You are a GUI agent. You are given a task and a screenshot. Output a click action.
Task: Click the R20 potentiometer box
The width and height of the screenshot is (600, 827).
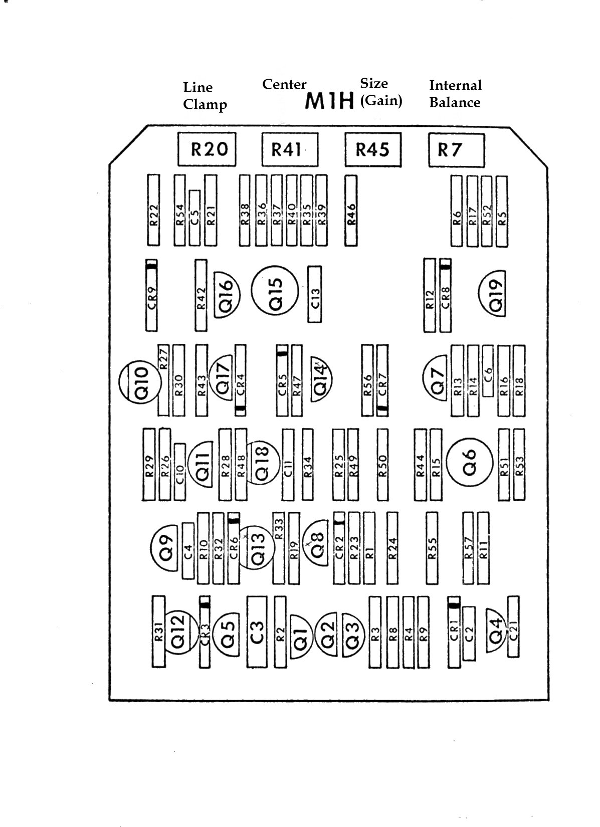click(207, 149)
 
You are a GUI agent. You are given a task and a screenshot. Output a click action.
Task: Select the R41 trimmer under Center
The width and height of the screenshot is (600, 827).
click(290, 149)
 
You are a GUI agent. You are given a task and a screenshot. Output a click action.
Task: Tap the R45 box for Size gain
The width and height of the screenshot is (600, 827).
click(373, 149)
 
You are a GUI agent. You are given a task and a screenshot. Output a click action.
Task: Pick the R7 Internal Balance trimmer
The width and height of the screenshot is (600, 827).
click(456, 149)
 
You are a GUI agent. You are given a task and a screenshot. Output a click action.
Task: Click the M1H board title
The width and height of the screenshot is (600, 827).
click(330, 102)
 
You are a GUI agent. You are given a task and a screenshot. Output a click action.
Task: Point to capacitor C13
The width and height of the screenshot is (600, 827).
click(314, 294)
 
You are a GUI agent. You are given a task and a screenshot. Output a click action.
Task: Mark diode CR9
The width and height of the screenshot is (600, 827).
click(152, 296)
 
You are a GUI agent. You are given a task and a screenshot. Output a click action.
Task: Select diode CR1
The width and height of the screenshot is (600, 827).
click(454, 633)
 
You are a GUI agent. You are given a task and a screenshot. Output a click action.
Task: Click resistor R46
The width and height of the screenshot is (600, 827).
click(351, 211)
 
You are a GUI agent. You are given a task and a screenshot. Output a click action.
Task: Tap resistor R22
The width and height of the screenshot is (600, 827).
click(153, 211)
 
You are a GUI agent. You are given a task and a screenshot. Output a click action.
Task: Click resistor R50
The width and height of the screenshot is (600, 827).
click(382, 465)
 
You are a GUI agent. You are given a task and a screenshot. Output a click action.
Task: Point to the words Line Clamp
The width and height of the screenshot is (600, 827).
click(205, 96)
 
